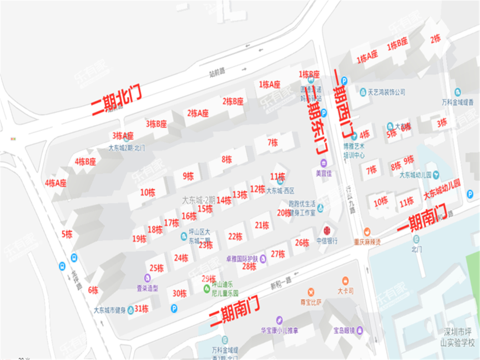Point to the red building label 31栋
[142, 308]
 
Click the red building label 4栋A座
[56, 183]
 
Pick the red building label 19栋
[139, 239]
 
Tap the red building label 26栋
[302, 242]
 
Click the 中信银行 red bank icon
[327, 230]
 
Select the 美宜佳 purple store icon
[324, 163]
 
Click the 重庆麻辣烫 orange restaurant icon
[367, 232]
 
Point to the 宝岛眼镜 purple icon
[360, 330]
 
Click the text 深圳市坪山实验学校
[458, 337]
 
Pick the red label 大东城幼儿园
[442, 189]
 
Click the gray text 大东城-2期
[199, 199]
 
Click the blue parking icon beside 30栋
[174, 308]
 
